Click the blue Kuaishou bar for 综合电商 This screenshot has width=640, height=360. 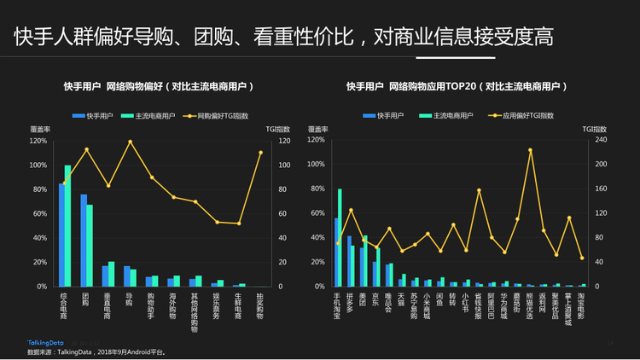61,235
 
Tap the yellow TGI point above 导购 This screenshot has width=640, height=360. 130,142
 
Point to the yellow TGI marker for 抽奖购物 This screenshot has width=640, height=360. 260,153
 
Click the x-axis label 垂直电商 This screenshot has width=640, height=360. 107,305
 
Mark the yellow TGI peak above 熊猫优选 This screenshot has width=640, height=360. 530,150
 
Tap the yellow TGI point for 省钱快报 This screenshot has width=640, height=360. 479,190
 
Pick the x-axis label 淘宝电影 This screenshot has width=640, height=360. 581,305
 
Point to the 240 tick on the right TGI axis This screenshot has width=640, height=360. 600,140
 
